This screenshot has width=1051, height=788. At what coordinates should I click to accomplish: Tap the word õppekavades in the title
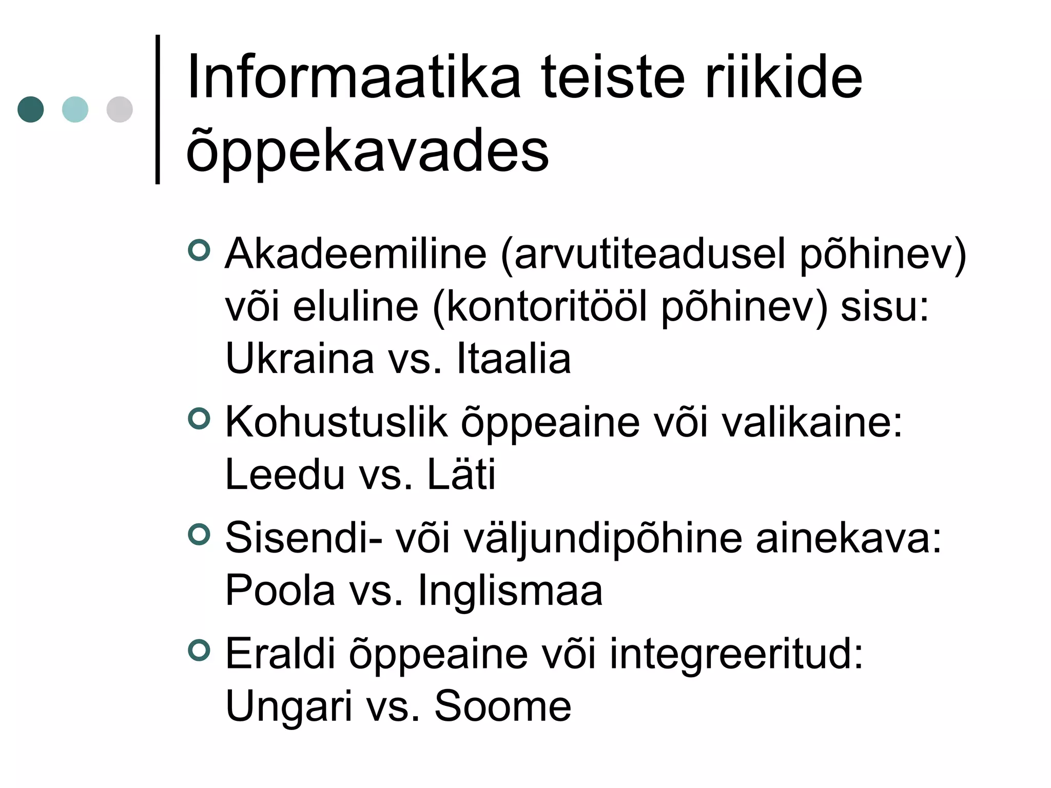(367, 151)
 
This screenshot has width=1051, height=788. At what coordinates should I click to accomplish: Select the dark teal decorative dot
(31, 109)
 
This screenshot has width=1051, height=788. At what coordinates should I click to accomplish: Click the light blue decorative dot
(75, 109)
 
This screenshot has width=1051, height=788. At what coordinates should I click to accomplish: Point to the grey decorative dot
(120, 109)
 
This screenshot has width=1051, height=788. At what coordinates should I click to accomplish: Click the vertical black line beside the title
(158, 109)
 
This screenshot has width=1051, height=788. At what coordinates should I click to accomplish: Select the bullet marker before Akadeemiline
(199, 250)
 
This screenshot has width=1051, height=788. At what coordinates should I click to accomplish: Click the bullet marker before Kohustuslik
(199, 418)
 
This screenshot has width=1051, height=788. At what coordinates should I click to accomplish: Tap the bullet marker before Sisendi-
(199, 534)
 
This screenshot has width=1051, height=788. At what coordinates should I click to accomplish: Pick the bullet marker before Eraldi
(199, 650)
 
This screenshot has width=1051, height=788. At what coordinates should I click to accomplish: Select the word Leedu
(285, 475)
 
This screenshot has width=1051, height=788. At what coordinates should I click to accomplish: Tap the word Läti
(461, 475)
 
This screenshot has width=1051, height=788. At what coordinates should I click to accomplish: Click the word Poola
(280, 590)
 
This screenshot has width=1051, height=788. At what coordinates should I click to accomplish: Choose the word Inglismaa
(510, 590)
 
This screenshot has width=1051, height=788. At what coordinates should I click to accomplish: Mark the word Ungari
(289, 707)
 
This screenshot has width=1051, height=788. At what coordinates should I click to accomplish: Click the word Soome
(503, 707)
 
